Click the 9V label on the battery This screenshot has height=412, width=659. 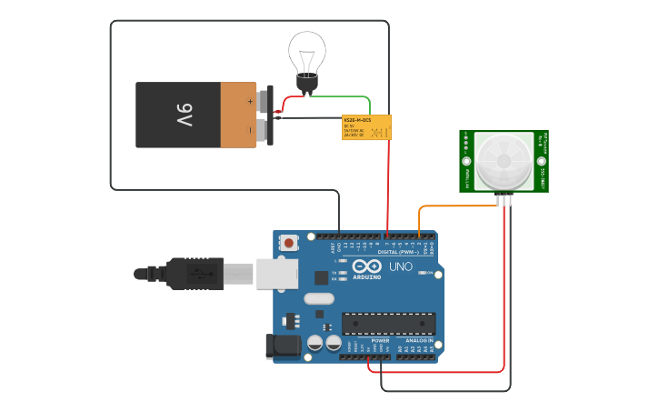point(185,116)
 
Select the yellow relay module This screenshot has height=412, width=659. point(366,127)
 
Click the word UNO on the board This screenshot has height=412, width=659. point(401,267)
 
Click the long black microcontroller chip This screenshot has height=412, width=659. point(388,323)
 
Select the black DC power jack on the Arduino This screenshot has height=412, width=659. point(282,347)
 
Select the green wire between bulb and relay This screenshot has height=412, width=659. point(345,97)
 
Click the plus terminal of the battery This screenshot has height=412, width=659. point(265,97)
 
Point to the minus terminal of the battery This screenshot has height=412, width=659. point(265,131)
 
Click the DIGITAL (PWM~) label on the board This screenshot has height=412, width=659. point(397,251)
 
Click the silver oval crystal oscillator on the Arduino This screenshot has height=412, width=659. point(319,298)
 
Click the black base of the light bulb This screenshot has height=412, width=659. point(307,85)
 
